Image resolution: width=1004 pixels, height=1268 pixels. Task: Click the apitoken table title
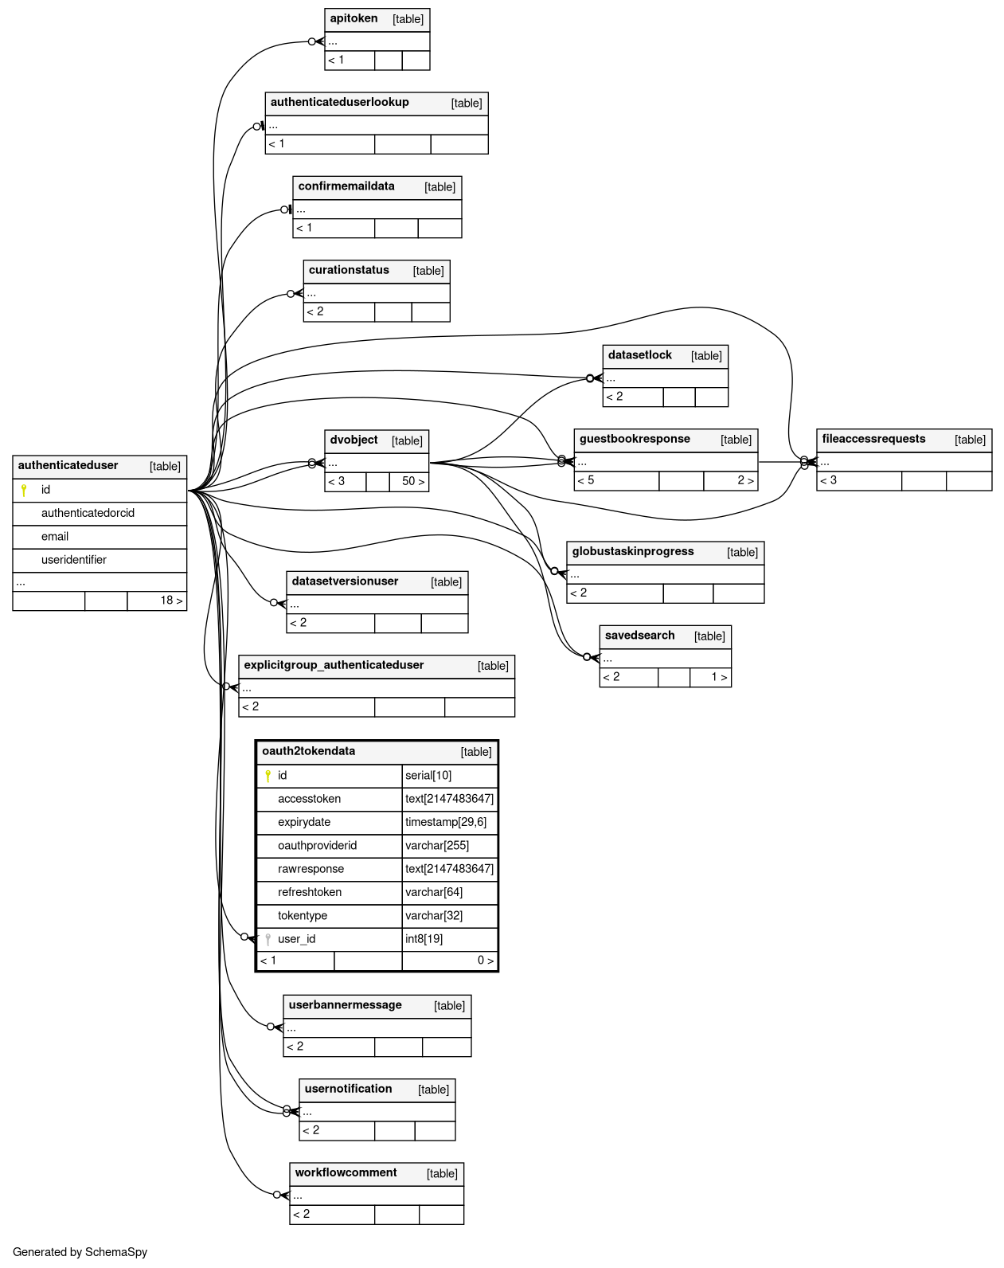pyautogui.click(x=354, y=18)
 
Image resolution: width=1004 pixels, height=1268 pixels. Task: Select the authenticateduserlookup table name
pyautogui.click(x=339, y=102)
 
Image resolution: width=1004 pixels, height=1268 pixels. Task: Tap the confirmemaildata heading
pyautogui.click(x=346, y=186)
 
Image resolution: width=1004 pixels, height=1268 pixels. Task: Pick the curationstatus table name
pyautogui.click(x=349, y=270)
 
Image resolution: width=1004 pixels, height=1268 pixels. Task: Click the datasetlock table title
pyautogui.click(x=639, y=355)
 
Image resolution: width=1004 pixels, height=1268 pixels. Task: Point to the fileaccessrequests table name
pyautogui.click(x=873, y=439)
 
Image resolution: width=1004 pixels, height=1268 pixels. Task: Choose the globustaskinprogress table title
pyautogui.click(x=632, y=551)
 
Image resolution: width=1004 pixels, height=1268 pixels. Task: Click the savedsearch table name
pyautogui.click(x=639, y=636)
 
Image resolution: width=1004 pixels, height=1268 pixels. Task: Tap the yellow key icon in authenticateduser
pyautogui.click(x=24, y=490)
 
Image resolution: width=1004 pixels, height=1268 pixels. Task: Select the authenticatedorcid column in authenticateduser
pyautogui.click(x=88, y=513)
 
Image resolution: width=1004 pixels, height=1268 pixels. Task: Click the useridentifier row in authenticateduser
pyautogui.click(x=74, y=560)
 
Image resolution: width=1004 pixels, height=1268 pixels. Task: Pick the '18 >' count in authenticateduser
pyautogui.click(x=171, y=601)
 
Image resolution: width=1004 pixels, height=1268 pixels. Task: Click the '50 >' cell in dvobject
pyautogui.click(x=412, y=481)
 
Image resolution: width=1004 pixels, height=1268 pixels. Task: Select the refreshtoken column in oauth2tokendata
pyautogui.click(x=310, y=892)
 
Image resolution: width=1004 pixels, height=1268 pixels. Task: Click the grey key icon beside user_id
pyautogui.click(x=268, y=939)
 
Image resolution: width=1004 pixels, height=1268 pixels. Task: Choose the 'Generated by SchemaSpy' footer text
pyautogui.click(x=80, y=1252)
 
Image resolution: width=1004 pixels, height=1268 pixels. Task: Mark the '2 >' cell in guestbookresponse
pyautogui.click(x=745, y=480)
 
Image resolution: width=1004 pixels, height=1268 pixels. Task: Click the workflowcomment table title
pyautogui.click(x=346, y=1172)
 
